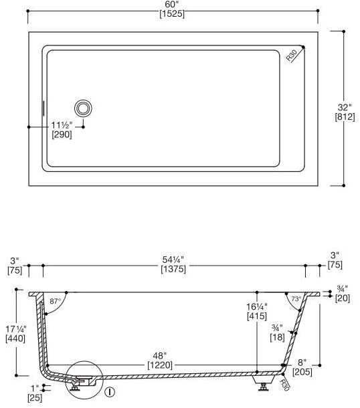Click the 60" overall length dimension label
(172, 5)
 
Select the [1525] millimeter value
(172, 14)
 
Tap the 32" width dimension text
(344, 107)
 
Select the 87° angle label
(55, 302)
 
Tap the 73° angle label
(296, 299)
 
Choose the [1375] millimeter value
(173, 269)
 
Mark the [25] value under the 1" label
(35, 398)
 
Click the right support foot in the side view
(262, 384)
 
